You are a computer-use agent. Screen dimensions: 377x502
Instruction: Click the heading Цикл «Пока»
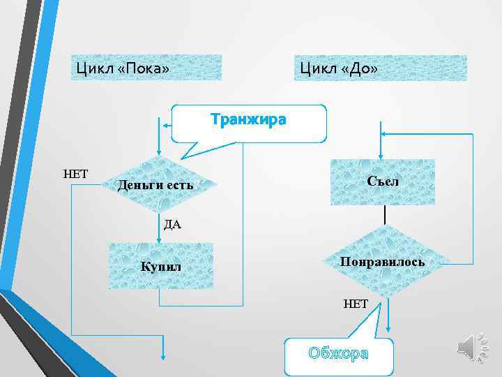coord(123,68)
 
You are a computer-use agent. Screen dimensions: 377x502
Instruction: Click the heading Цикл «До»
coord(339,68)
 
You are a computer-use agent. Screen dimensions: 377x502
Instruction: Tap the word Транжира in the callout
coord(248,119)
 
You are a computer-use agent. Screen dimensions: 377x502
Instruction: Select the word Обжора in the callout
coord(338,353)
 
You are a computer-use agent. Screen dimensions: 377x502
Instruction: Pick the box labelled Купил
coord(161,266)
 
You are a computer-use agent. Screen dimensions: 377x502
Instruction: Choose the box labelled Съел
coord(383,182)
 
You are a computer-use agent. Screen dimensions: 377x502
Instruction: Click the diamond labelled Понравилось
coord(383,263)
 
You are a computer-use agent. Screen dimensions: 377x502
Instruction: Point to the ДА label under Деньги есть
coord(172,225)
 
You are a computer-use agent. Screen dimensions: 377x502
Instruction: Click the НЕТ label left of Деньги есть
coord(75,173)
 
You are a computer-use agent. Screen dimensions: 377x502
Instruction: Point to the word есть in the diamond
coord(180,186)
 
